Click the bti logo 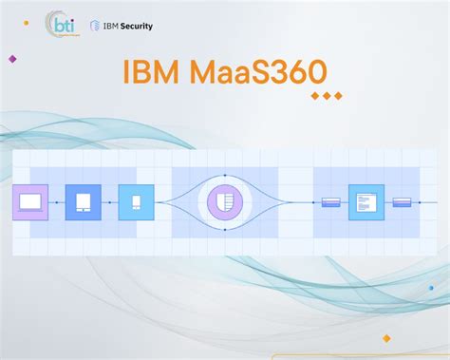[64, 25]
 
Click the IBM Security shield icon [94, 26]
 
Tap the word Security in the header [135, 26]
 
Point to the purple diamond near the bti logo [12, 59]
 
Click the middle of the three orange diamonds [327, 96]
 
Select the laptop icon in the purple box [29, 202]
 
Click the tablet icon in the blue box [83, 202]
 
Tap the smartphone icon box [136, 202]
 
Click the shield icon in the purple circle [225, 202]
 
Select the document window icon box [366, 202]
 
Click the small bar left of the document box [331, 202]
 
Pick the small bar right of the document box [402, 202]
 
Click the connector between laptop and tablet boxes [56, 202]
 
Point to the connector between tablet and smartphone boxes [109, 202]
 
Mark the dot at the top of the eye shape [225, 175]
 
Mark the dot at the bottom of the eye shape [225, 230]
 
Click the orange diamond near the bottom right [386, 337]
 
